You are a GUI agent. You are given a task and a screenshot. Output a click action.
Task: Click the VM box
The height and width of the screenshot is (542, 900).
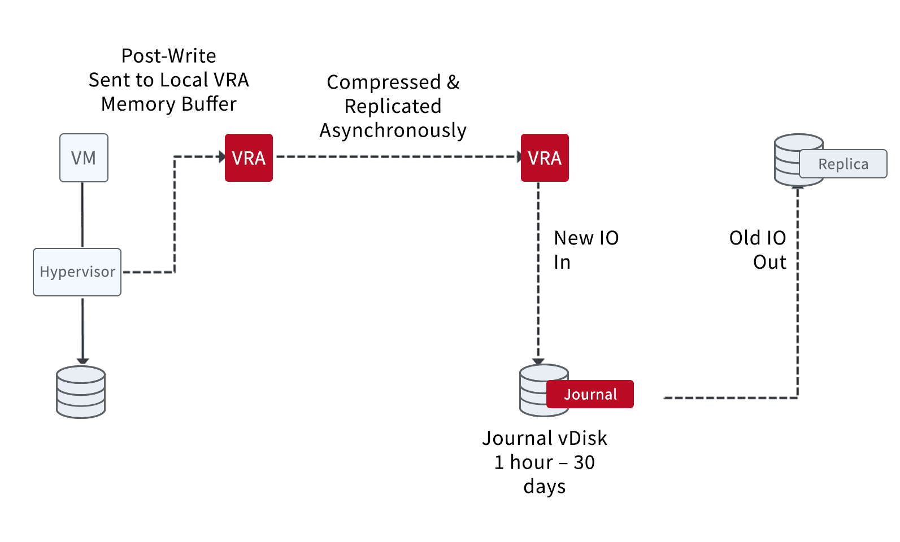click(84, 158)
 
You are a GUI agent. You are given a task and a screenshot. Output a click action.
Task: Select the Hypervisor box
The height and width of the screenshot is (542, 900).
click(77, 272)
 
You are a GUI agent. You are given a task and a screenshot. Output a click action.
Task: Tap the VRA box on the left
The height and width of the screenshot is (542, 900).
click(249, 158)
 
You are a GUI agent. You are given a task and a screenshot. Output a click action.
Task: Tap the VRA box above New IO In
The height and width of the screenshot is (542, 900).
click(545, 158)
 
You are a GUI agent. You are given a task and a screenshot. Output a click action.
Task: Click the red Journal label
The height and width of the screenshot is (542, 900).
click(590, 394)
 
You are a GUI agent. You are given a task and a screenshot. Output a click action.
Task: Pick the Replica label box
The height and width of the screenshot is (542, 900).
click(843, 164)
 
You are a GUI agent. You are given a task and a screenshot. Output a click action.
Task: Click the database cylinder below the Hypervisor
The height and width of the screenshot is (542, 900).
click(81, 392)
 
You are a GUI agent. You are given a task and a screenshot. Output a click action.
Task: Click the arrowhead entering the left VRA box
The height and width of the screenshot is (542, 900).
click(222, 156)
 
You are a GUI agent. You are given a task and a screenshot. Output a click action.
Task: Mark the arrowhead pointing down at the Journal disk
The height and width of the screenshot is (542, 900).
click(538, 361)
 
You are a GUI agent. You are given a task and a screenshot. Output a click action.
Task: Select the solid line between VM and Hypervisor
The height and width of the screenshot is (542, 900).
click(82, 215)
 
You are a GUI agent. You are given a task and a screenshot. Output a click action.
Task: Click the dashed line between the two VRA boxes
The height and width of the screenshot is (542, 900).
click(397, 156)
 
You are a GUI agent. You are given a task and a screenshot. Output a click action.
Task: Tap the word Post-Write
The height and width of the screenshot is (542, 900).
click(169, 56)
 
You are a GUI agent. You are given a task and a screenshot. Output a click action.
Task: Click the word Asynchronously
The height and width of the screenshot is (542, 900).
click(393, 131)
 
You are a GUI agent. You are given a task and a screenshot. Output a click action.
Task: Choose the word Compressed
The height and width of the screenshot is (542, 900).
click(384, 82)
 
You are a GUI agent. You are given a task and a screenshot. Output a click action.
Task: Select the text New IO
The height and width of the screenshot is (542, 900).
click(586, 238)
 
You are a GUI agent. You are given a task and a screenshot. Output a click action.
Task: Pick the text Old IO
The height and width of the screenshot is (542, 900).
click(758, 238)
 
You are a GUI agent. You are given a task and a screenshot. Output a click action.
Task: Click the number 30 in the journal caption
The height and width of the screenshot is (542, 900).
click(584, 462)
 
